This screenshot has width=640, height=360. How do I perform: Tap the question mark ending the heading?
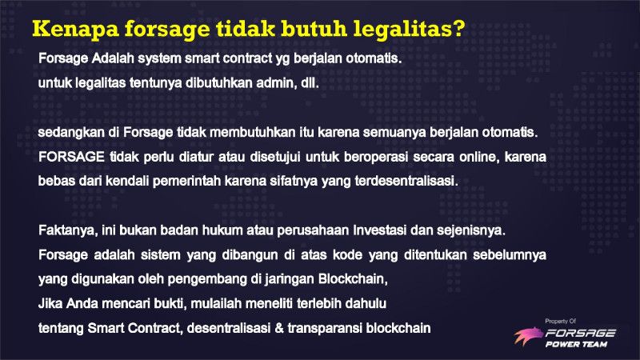tap(458, 28)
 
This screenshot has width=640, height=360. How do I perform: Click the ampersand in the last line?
tap(279, 328)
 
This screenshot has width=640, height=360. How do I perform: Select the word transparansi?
tap(325, 329)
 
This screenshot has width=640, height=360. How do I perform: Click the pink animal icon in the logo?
tap(528, 336)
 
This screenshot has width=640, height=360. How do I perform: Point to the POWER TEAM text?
tap(576, 344)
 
